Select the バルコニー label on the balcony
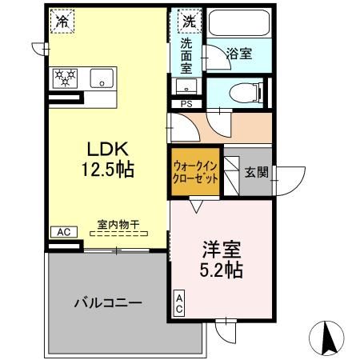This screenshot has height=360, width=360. pos(107,304)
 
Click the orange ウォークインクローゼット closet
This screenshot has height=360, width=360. pos(195,172)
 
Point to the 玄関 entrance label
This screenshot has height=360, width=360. pos(256,171)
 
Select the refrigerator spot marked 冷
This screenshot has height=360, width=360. pos(61,22)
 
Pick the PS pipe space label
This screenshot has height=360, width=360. pos(186,104)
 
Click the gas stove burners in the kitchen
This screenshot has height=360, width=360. pos(65,78)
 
